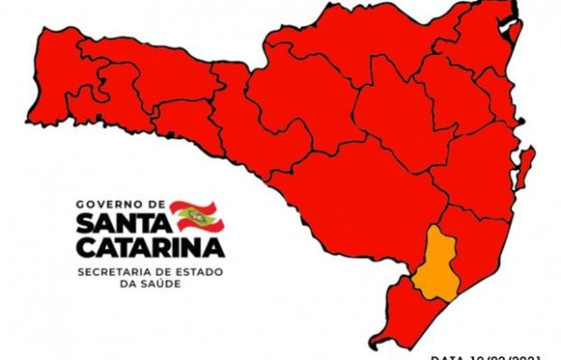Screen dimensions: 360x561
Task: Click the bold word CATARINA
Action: point(149,248)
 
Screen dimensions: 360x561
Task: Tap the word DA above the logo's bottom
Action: point(129,282)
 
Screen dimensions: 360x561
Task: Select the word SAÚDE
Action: point(161,282)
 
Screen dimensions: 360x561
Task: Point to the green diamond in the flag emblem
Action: point(194,215)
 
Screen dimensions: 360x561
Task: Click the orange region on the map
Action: point(436,262)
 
